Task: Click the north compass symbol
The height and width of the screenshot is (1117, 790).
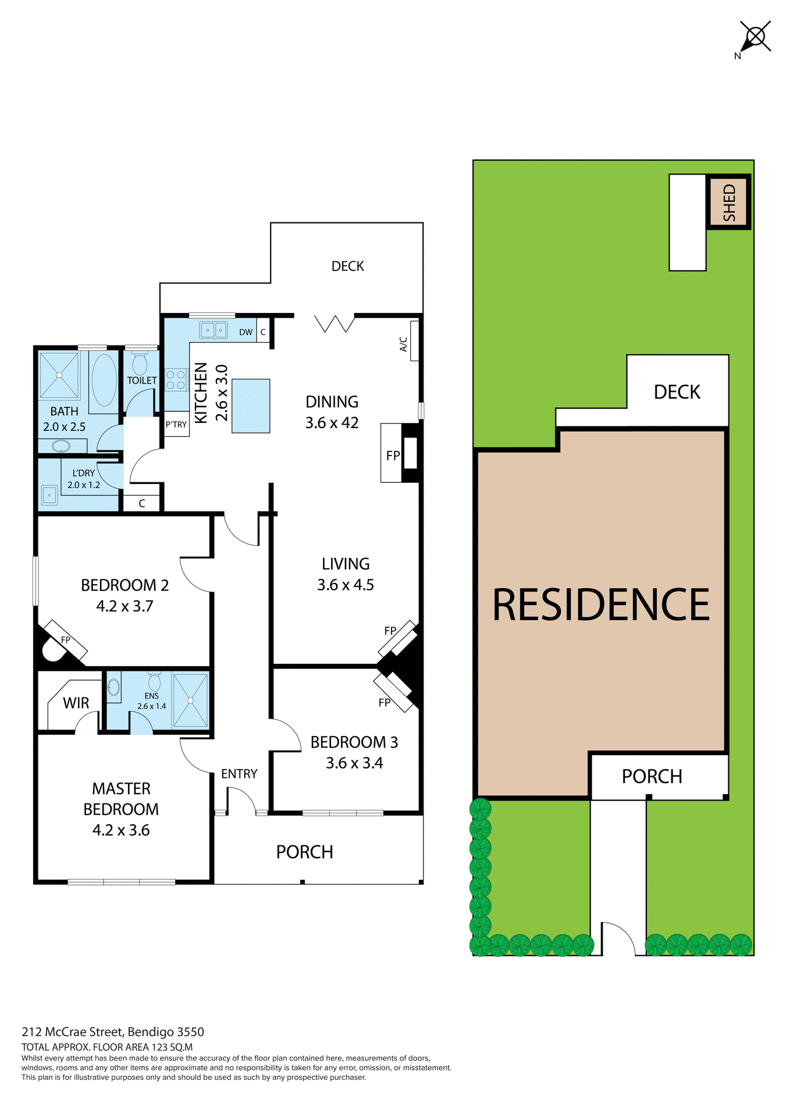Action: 755,37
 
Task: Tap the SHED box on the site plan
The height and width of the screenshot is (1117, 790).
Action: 729,202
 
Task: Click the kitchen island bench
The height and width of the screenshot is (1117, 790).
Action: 251,405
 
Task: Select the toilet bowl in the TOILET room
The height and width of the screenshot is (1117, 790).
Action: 140,364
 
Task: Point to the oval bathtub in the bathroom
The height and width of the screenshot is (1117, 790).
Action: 104,379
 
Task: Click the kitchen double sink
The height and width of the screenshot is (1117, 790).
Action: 213,330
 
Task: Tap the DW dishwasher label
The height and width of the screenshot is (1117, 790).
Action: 246,332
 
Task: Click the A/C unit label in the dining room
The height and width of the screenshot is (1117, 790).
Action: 404,344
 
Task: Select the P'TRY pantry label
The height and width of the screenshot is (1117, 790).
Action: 176,425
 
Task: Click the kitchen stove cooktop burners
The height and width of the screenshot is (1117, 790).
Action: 176,380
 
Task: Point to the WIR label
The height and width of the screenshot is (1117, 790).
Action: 76,703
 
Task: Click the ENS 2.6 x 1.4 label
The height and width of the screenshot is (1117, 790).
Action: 152,701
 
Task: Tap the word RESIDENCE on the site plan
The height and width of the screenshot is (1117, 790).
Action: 601,605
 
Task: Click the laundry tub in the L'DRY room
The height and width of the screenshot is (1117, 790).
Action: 49,495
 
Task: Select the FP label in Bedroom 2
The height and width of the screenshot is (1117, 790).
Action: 66,640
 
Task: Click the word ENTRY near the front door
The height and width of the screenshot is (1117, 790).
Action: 239,774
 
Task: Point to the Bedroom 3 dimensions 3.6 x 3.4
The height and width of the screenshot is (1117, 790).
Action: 354,763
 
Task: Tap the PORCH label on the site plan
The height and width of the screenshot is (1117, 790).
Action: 652,776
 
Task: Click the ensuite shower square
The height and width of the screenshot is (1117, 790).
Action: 190,700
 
